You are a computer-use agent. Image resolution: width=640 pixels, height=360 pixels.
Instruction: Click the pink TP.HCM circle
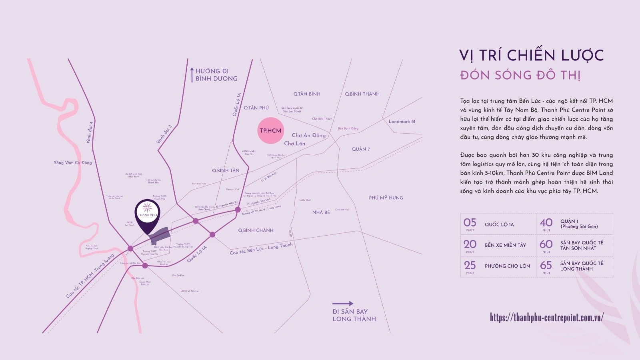[x=271, y=131]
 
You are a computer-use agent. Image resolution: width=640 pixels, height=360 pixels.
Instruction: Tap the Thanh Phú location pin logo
[x=147, y=212]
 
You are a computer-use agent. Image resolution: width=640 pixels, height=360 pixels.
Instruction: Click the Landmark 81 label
[x=402, y=122]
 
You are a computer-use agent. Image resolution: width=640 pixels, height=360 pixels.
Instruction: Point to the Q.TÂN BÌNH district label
[x=307, y=94]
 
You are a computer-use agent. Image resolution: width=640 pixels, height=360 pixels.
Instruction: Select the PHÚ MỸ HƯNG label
[x=386, y=198]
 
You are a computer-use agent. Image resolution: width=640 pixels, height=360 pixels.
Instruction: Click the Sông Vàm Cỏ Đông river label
[x=73, y=163]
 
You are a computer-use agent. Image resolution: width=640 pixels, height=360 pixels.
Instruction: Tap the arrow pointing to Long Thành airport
[x=343, y=304]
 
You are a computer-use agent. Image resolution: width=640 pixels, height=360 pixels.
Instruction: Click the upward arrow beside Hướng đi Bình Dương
[x=192, y=75]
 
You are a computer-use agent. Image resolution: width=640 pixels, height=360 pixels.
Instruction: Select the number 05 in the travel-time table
[x=470, y=223]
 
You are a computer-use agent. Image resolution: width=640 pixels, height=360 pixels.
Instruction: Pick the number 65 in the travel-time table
[x=546, y=266]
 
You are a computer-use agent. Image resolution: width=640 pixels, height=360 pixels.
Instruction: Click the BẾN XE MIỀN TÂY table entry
[x=505, y=245]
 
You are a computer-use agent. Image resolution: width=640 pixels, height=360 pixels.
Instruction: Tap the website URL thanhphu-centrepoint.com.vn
[x=546, y=318]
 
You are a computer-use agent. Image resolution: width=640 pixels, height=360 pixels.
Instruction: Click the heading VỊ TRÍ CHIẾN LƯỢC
[x=531, y=56]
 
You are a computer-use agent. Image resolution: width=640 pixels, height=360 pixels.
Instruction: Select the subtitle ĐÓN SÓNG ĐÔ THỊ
[x=520, y=75]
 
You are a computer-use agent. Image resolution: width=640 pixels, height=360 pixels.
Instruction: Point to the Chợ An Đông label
[x=308, y=136]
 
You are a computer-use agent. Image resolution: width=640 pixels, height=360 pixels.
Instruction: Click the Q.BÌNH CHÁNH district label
[x=256, y=230]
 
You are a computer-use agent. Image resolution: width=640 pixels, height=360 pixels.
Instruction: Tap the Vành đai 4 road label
[x=89, y=132]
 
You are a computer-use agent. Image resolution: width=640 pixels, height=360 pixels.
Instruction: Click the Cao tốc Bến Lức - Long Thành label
[x=261, y=248]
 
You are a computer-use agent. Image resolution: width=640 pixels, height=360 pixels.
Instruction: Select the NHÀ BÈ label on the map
[x=321, y=212]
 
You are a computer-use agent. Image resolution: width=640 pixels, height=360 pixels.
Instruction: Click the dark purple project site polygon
[x=160, y=235]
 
